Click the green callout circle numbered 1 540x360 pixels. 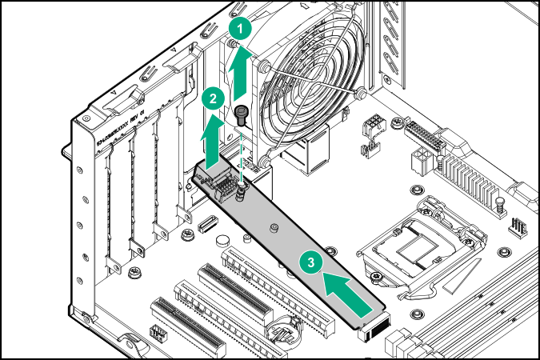[x=238, y=27]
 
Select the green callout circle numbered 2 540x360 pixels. [x=212, y=99]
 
